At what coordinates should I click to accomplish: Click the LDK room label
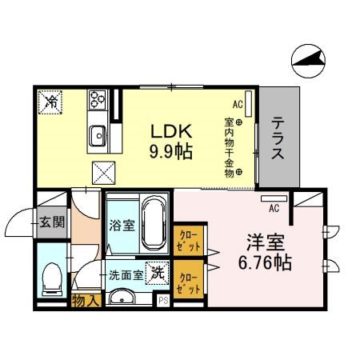171,131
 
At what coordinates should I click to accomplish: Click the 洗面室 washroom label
126,274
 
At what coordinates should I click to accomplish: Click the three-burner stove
98,99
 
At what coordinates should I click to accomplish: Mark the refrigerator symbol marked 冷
50,102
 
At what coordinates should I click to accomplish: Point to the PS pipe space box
163,301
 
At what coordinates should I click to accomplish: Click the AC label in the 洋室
274,209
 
